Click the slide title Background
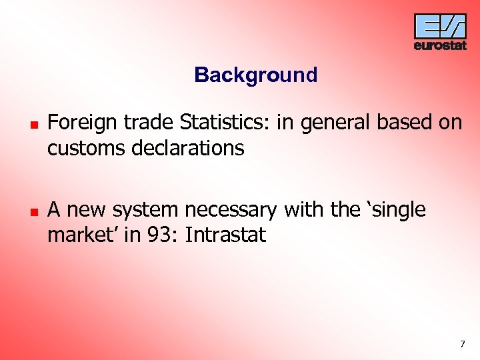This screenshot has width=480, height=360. [255, 75]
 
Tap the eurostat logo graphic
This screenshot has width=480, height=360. [440, 26]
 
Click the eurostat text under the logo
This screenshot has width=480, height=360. [440, 45]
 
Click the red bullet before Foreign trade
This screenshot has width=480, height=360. [32, 125]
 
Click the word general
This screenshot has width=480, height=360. [333, 123]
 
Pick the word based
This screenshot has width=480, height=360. [403, 122]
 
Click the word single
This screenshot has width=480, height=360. [396, 211]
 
